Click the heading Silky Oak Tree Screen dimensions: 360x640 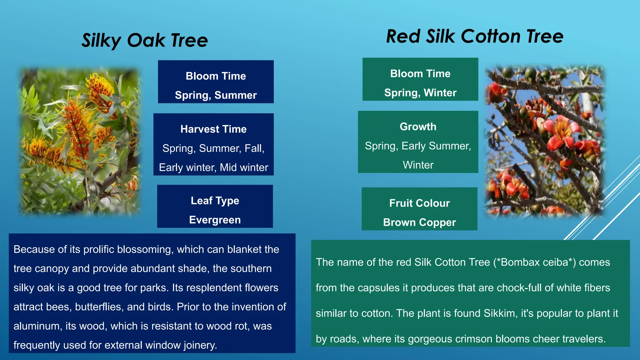(x=144, y=41)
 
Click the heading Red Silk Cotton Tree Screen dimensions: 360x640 (x=475, y=36)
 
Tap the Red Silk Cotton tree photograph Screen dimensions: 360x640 (x=545, y=141)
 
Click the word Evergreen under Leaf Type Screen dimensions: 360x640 (x=215, y=220)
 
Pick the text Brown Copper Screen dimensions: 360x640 (x=419, y=222)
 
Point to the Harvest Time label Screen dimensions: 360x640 (x=213, y=129)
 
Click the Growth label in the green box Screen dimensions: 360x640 (x=418, y=127)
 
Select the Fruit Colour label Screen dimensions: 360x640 (x=419, y=203)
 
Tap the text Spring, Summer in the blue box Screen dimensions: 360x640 (x=216, y=95)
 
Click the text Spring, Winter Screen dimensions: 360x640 (x=420, y=92)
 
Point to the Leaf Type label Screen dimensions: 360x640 (x=215, y=201)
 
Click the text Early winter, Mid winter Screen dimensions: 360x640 (x=213, y=167)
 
